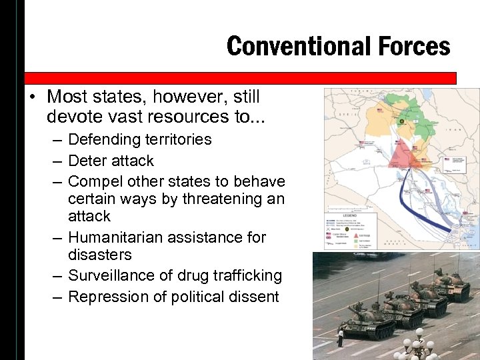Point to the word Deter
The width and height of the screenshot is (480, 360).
[87, 161]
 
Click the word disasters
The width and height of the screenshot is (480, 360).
[100, 255]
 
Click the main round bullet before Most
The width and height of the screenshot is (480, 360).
[32, 98]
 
